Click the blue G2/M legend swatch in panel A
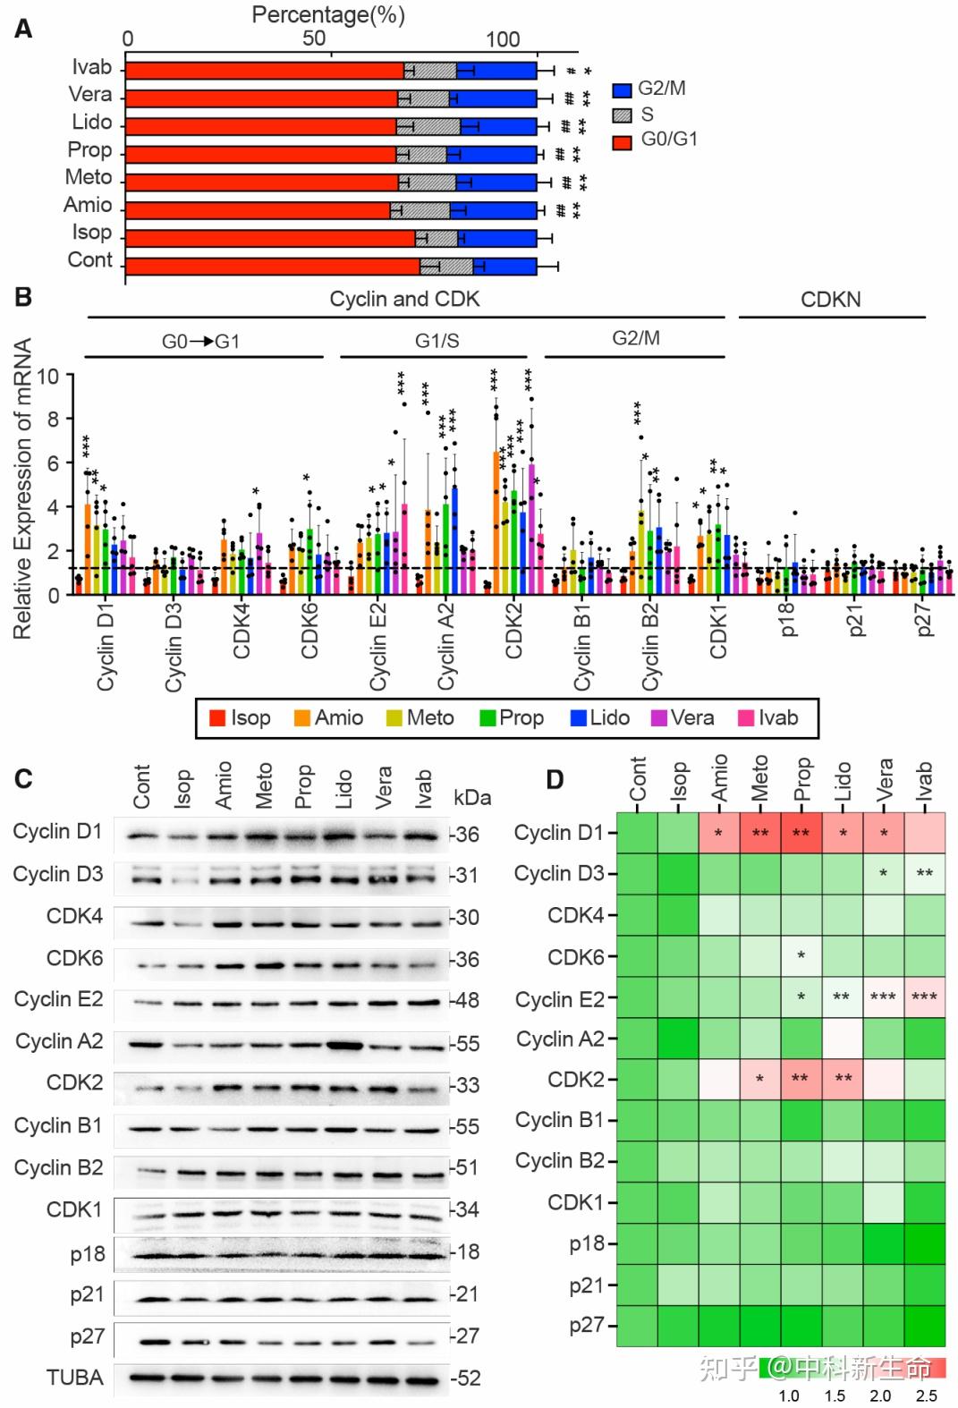(623, 90)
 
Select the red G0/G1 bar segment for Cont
(272, 267)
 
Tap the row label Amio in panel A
(88, 206)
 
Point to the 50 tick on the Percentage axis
(314, 38)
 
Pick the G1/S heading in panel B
(437, 341)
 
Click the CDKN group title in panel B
(830, 300)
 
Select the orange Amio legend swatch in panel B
(301, 718)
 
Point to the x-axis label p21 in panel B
(856, 620)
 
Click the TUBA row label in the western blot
(74, 1378)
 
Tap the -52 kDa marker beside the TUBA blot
(465, 1378)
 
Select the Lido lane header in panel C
(344, 788)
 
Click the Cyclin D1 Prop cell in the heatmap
(801, 833)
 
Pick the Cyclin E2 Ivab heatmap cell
(924, 997)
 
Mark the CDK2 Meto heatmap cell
(759, 1079)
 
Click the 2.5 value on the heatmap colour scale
(926, 1395)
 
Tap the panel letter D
(555, 780)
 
